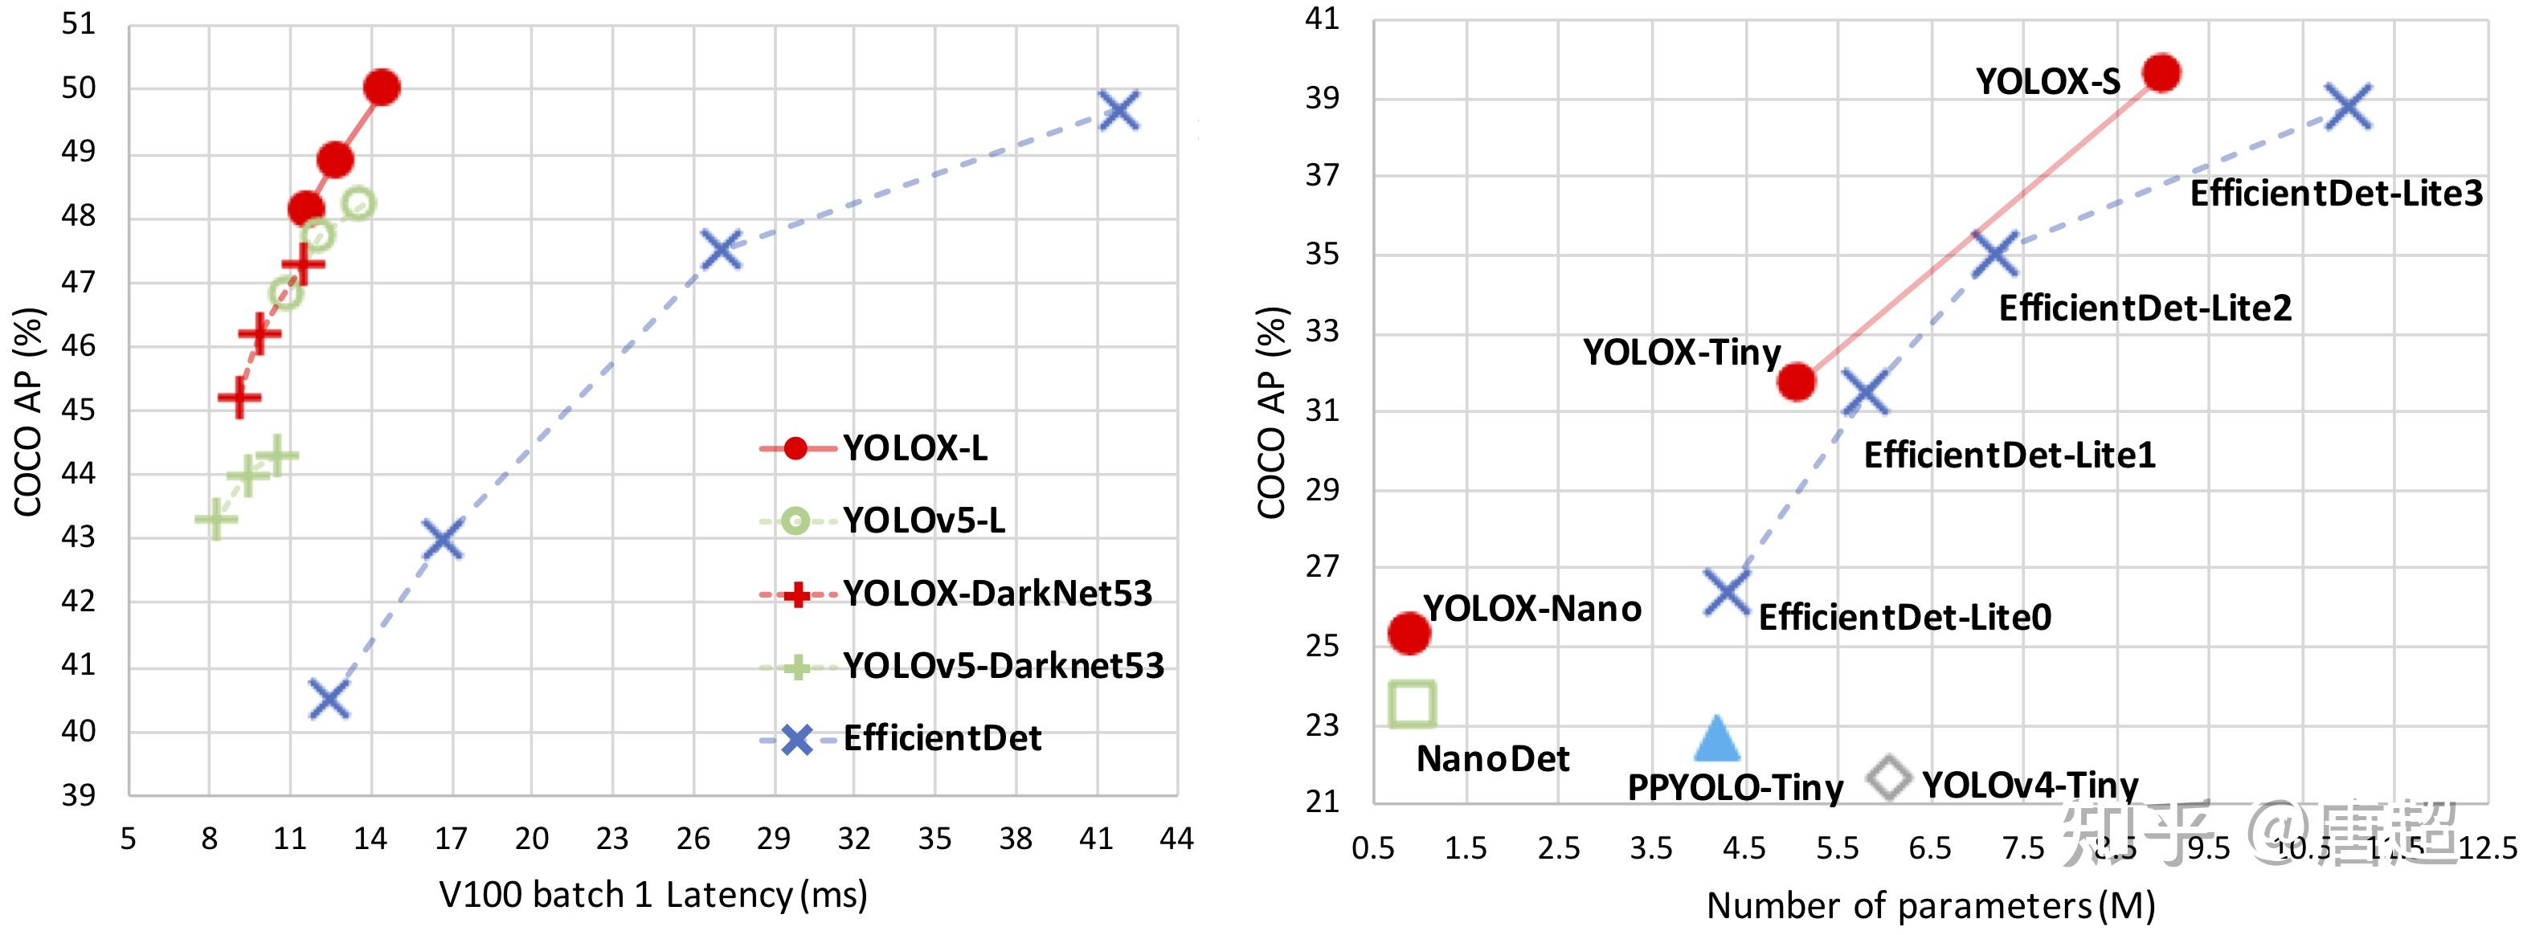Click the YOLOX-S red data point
2161,72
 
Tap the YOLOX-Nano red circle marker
1409,632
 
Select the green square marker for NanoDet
1413,704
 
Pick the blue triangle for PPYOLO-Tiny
1716,739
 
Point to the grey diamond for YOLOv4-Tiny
1888,778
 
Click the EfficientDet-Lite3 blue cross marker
2349,107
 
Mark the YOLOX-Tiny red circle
1797,381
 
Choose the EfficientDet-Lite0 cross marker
1726,591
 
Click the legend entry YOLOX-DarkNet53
997,594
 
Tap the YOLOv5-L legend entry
923,520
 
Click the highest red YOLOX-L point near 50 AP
381,87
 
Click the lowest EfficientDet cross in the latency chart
329,699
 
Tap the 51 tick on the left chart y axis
79,23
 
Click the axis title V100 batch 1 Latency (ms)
652,895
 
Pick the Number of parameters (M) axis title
1931,905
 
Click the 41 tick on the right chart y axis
1321,18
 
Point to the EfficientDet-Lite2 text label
2145,308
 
